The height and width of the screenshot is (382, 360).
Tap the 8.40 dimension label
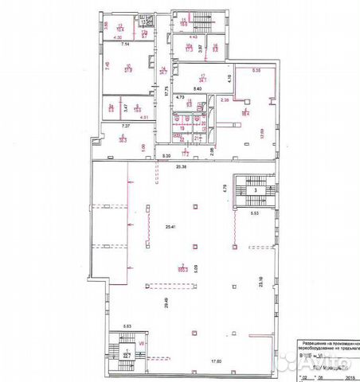pyautogui.click(x=197, y=89)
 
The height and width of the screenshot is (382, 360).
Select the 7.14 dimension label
pyautogui.click(x=125, y=47)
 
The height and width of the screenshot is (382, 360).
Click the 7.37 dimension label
pyautogui.click(x=125, y=126)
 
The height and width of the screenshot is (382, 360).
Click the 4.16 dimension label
pyautogui.click(x=230, y=77)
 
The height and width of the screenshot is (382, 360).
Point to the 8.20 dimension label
pyautogui.click(x=166, y=157)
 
